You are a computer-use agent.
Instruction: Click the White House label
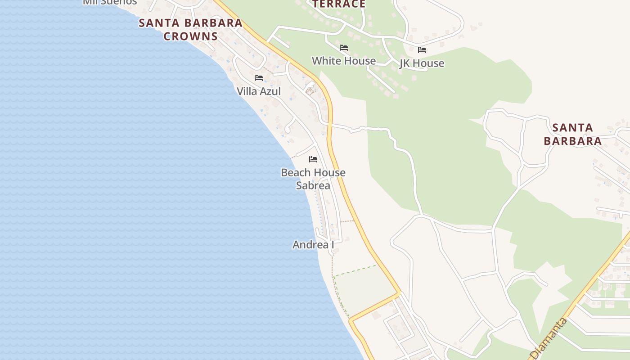(344, 61)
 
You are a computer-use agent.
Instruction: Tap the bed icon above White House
(344, 48)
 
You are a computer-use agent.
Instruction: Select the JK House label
(422, 63)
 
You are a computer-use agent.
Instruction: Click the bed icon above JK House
(422, 50)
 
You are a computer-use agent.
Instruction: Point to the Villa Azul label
(259, 91)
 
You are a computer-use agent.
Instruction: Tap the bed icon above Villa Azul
(259, 78)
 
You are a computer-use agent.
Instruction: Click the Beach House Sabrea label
(313, 179)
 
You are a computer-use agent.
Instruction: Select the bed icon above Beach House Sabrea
(313, 159)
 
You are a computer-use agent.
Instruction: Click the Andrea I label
(313, 245)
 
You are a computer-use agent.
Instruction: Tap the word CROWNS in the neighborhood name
(190, 36)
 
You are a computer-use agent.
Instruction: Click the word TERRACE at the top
(339, 4)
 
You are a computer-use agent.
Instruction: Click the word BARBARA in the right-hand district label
(572, 141)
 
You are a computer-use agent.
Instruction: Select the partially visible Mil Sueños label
(110, 2)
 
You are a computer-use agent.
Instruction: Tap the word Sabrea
(313, 185)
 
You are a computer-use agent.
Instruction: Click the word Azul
(270, 91)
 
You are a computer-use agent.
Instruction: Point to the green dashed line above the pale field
(355, 270)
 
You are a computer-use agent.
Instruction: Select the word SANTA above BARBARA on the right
(572, 128)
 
